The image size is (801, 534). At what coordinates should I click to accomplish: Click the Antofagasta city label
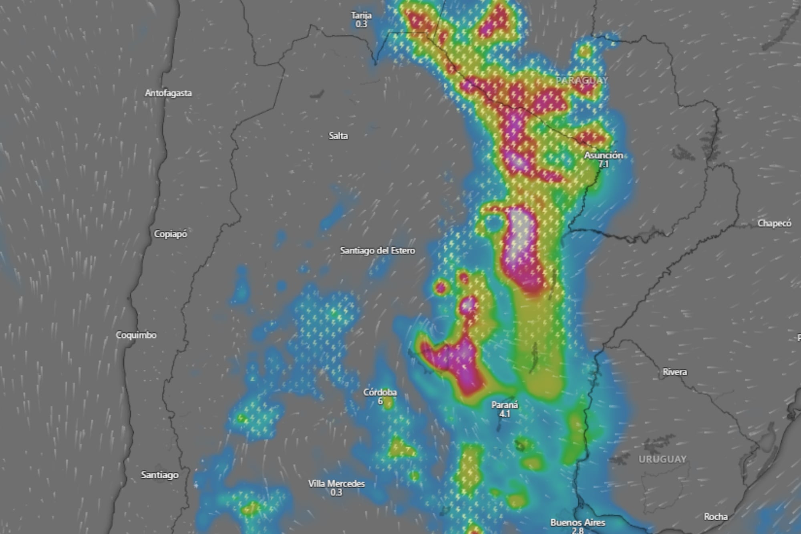(x=168, y=93)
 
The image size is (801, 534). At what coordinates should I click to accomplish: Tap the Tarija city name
(x=361, y=16)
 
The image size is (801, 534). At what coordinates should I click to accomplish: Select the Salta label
(x=338, y=136)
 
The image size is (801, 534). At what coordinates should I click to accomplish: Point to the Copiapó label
(x=171, y=234)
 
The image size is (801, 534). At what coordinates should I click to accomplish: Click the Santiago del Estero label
(x=377, y=251)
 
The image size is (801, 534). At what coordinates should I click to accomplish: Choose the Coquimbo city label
(x=136, y=335)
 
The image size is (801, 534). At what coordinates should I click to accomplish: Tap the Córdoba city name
(x=380, y=392)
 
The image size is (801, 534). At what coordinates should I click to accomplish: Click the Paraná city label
(x=505, y=405)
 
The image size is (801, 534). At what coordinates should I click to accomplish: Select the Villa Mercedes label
(x=336, y=484)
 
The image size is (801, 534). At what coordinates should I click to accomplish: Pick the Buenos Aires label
(x=578, y=522)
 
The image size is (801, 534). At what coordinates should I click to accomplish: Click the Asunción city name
(x=603, y=155)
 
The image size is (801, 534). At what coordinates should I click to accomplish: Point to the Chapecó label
(x=774, y=224)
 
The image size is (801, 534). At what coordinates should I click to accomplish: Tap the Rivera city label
(x=675, y=372)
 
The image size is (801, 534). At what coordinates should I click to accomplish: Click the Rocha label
(x=716, y=517)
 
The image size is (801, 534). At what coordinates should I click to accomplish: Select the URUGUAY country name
(x=662, y=459)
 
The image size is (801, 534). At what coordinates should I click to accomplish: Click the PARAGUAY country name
(x=582, y=81)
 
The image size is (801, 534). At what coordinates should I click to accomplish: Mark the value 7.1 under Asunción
(x=603, y=164)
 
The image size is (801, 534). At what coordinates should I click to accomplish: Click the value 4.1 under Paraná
(x=505, y=414)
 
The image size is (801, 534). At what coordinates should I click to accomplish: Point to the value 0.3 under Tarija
(x=361, y=24)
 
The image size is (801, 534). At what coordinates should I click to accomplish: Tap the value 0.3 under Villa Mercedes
(x=336, y=492)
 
